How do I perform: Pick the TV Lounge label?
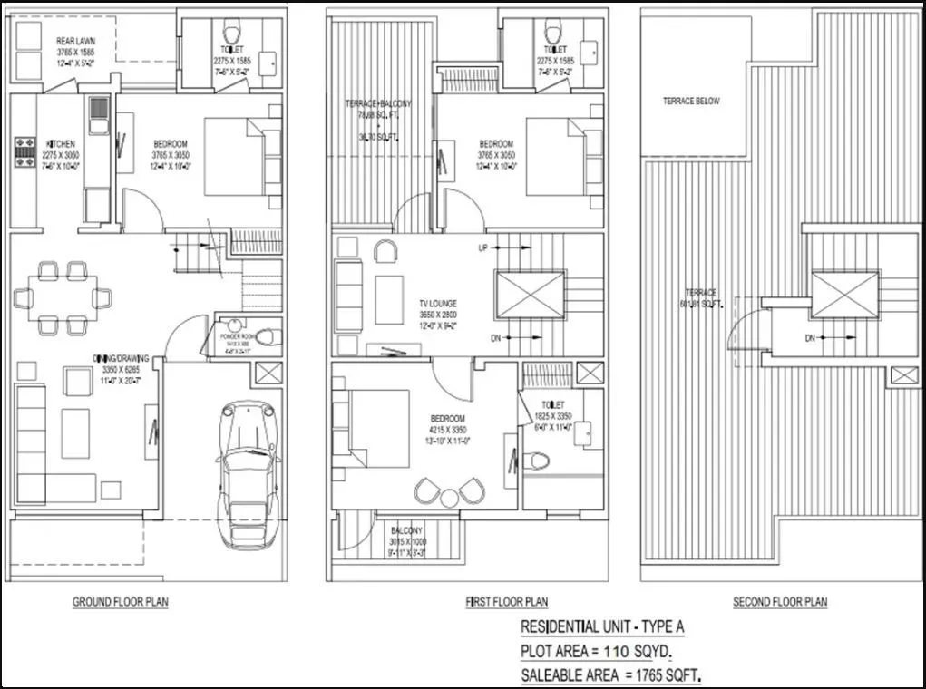point(438,304)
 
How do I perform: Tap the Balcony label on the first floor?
point(406,531)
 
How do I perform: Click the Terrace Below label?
point(691,102)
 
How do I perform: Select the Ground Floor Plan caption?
point(121,602)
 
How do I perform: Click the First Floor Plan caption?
point(506,602)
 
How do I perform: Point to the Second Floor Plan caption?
point(780,602)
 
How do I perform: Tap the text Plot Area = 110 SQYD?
point(597,651)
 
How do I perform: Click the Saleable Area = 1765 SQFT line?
point(611,675)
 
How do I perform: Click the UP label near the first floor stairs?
point(485,247)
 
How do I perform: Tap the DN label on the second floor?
point(809,339)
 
